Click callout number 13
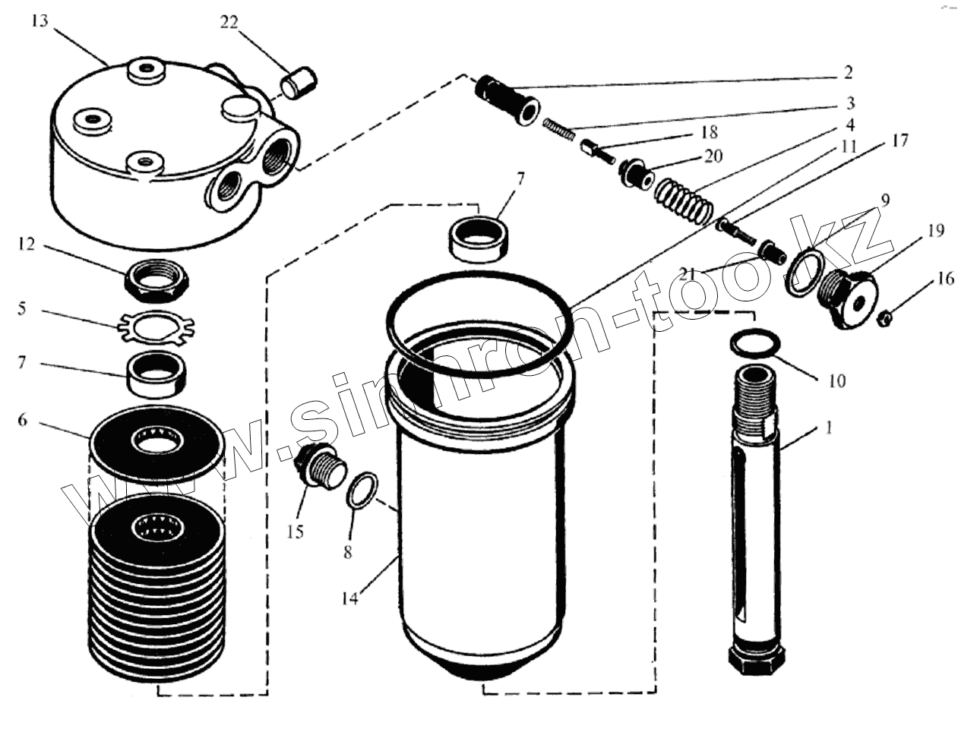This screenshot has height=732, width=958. point(40,21)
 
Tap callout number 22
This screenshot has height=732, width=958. point(229,23)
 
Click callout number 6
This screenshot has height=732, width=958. point(22,419)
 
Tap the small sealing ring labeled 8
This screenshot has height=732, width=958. point(362,491)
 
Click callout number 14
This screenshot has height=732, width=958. point(349,598)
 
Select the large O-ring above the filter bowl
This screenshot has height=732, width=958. point(476,319)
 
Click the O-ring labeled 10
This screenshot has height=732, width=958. point(754,343)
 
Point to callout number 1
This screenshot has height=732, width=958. point(829,428)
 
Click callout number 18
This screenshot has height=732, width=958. point(708,134)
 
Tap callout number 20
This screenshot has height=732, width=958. point(713,156)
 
